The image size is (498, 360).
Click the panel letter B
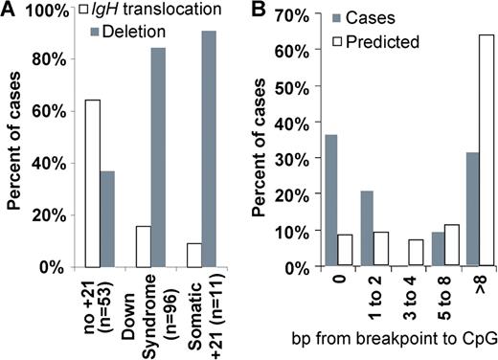click(x=264, y=10)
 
